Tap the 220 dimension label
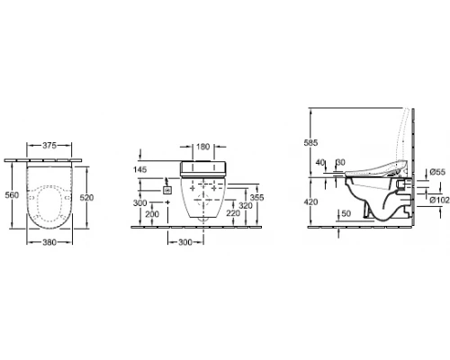[x=232, y=214]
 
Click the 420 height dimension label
[x=311, y=202]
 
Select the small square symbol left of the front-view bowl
[x=166, y=189]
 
